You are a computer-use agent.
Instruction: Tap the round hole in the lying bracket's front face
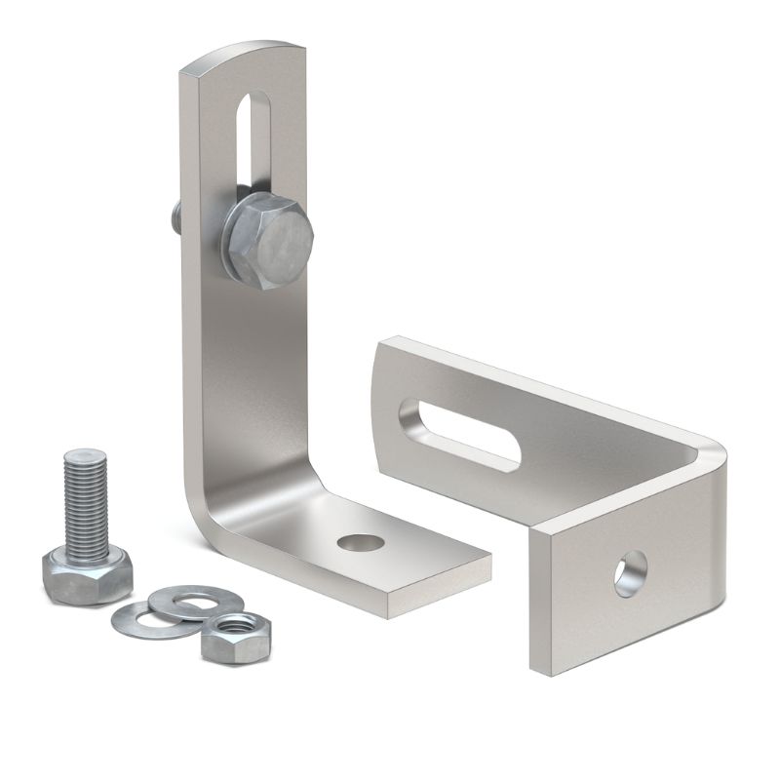(x=630, y=573)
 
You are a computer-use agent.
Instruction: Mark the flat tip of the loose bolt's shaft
(x=85, y=454)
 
